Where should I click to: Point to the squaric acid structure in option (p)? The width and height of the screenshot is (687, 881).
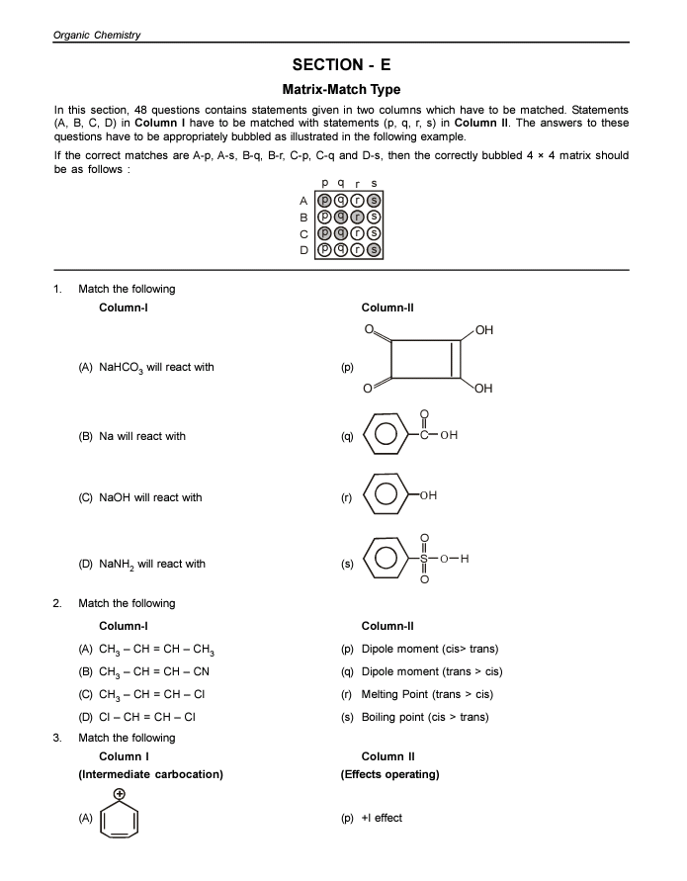425,359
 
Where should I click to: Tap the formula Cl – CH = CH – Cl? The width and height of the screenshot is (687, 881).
149,717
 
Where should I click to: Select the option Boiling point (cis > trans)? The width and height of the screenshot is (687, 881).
425,717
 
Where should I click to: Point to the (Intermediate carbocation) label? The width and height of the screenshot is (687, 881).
150,774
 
